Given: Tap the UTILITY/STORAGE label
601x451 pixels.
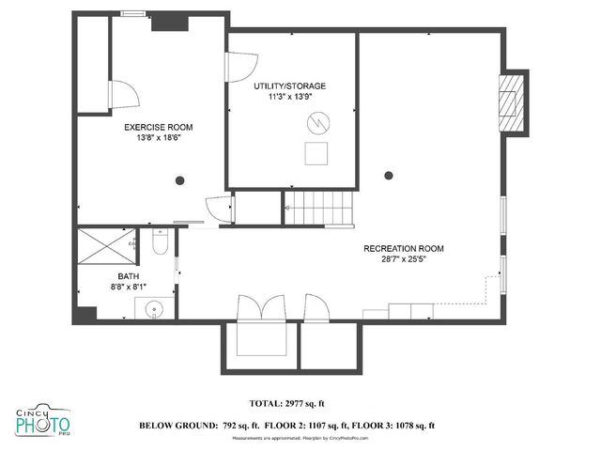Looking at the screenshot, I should [290, 86].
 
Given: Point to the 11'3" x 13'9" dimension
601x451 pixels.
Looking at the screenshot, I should [290, 97].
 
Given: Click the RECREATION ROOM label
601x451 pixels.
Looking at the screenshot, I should [404, 249].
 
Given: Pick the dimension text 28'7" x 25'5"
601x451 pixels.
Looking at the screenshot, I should [404, 260].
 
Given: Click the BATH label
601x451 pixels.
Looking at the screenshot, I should [128, 275].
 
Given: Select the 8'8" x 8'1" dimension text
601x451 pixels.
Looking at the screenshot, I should [128, 287].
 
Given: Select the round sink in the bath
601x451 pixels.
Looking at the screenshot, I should [153, 307].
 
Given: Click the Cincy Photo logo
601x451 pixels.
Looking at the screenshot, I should [42, 424].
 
